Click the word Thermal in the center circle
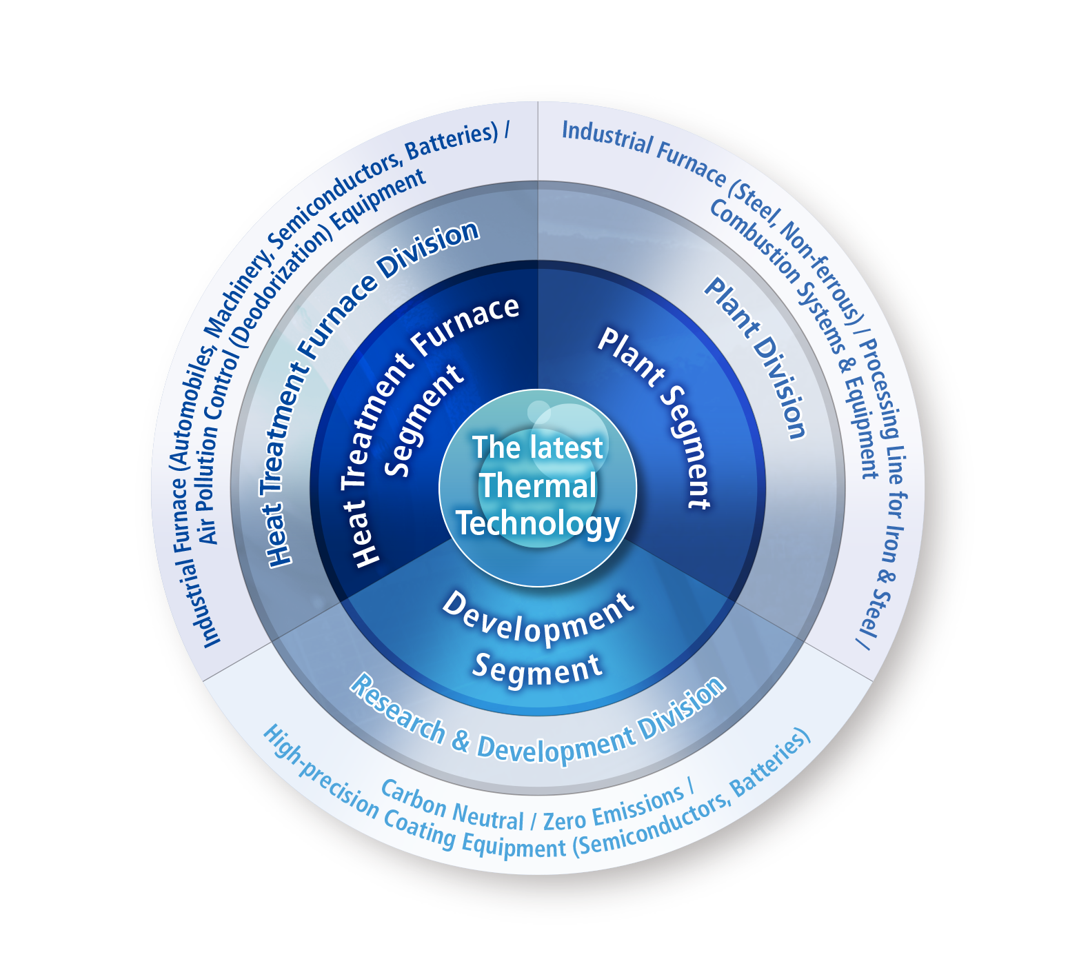538,485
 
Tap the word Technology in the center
538,524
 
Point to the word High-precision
321,776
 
